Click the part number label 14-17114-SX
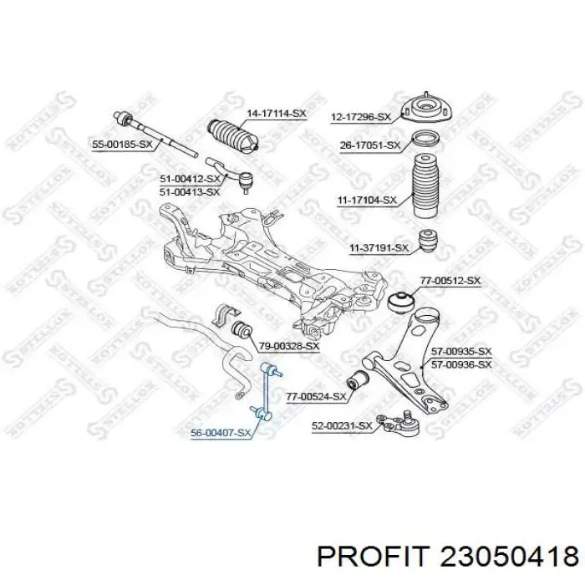click(277, 114)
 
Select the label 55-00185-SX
click(122, 144)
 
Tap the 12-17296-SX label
click(361, 117)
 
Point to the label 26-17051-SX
click(369, 145)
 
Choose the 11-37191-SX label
click(379, 247)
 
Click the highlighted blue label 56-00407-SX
click(221, 433)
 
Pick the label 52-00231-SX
click(342, 425)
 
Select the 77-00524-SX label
click(317, 397)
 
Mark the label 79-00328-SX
click(289, 346)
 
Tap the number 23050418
click(510, 557)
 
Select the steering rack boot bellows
click(232, 135)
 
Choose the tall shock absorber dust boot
click(426, 186)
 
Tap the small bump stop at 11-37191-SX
click(428, 241)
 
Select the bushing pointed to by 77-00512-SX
click(402, 300)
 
